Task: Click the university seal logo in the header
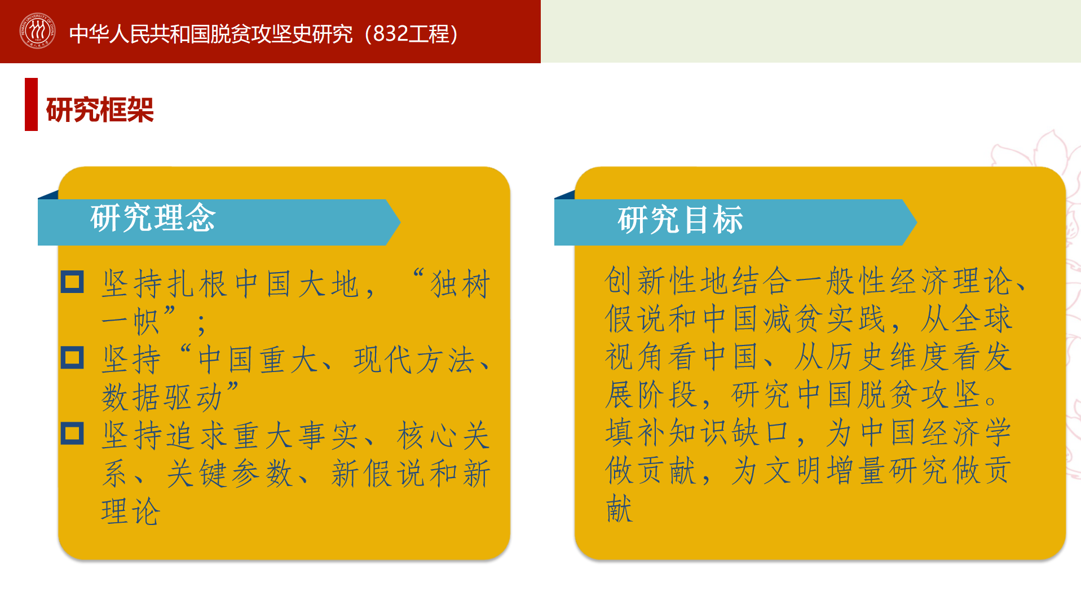[37, 31]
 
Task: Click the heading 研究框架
[100, 110]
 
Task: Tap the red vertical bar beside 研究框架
[31, 104]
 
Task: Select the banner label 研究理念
[153, 218]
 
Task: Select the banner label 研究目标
[681, 220]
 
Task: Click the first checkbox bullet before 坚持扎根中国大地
[72, 282]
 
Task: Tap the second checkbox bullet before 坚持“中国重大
[72, 358]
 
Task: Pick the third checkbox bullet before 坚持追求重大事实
[72, 434]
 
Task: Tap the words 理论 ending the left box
[131, 511]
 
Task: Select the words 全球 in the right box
[982, 318]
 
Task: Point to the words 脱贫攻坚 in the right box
[919, 394]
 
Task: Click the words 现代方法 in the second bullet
[414, 360]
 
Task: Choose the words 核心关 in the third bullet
[443, 436]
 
